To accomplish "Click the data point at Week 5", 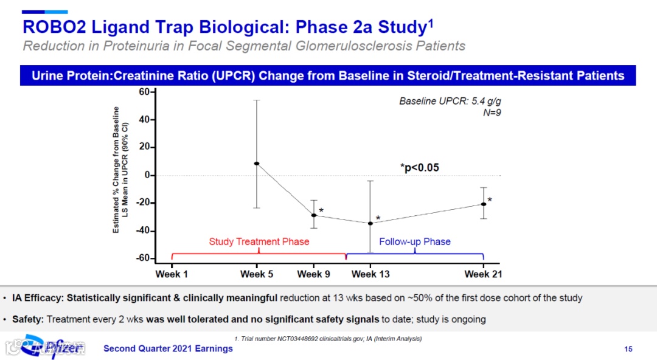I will coord(257,164).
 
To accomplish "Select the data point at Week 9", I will coord(314,215).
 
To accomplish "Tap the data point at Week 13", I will coord(370,223).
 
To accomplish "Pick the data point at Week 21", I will coord(484,204).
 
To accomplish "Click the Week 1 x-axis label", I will coord(172,274).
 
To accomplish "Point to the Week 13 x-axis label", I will coord(370,274).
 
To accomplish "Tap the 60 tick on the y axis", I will coord(145,92).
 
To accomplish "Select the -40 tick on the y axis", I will coord(143,231).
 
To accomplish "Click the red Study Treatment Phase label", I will coord(259,241).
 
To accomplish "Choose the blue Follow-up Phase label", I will coord(415,241).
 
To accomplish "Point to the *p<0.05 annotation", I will coord(419,167).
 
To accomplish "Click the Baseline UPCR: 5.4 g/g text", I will coord(450,101).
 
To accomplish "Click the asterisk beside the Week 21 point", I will coord(490,199).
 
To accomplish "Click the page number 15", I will coord(628,348).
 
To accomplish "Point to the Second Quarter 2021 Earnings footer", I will coord(168,348).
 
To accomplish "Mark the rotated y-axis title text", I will coord(120,170).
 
